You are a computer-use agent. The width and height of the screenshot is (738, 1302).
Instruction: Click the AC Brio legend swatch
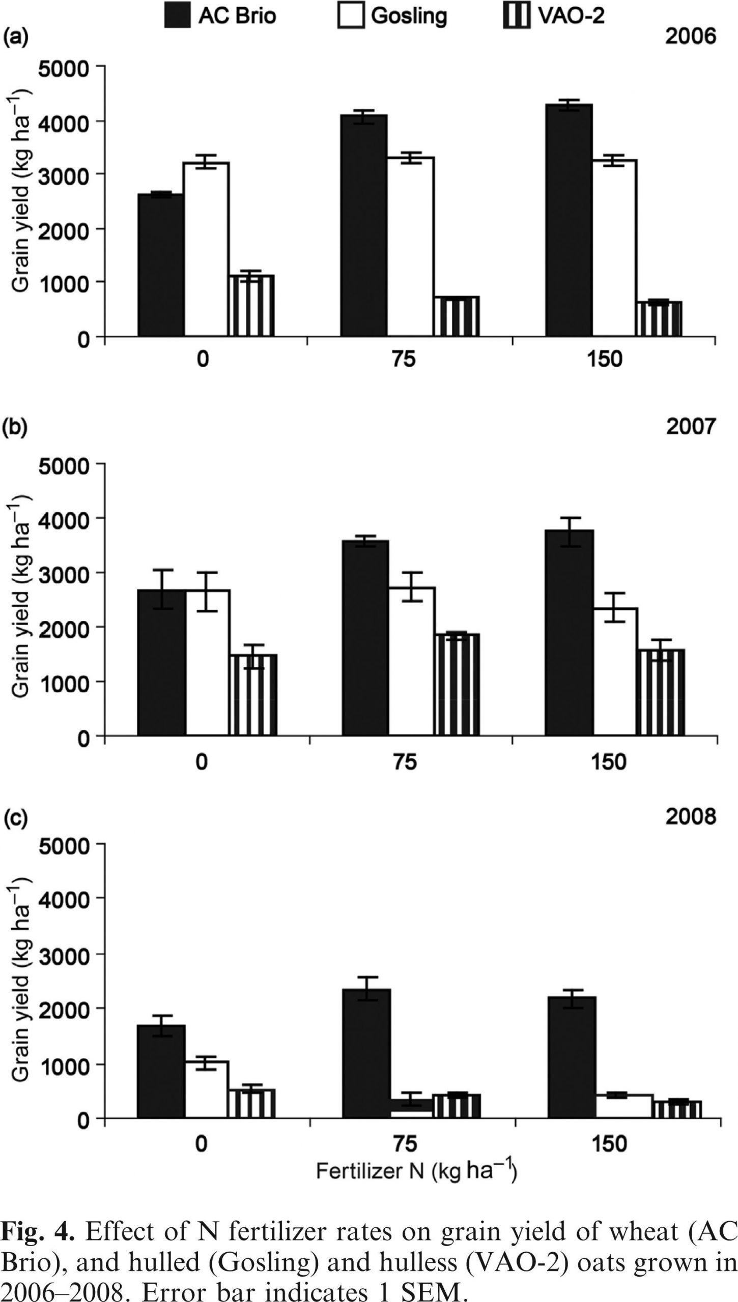click(177, 15)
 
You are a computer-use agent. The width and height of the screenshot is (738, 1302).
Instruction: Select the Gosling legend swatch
click(351, 15)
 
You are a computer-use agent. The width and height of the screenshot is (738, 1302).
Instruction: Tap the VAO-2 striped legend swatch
click(516, 15)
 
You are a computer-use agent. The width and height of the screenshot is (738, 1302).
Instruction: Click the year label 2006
click(690, 37)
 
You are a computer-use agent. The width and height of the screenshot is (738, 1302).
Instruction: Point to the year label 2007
click(691, 426)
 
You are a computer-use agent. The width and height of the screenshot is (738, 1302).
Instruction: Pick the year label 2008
click(691, 816)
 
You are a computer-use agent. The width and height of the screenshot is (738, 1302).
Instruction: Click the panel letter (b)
click(15, 426)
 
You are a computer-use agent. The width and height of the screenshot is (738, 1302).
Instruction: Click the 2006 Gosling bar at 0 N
click(206, 249)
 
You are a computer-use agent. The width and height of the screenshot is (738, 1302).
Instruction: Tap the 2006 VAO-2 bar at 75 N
click(457, 316)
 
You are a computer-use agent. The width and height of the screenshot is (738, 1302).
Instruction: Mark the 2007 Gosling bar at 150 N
click(616, 671)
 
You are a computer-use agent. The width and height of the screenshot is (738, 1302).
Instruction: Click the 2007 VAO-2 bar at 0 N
click(253, 695)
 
